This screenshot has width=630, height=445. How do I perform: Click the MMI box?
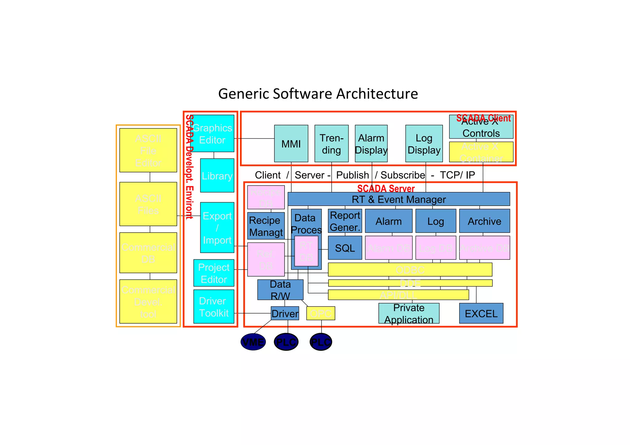pos(291,144)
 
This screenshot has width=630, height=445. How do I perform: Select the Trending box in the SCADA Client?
pos(331,144)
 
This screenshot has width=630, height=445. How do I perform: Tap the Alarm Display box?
pos(371,144)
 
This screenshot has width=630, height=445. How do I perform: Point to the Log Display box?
pos(424,144)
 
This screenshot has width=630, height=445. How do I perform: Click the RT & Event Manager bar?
pos(399,199)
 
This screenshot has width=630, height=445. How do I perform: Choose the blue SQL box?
pos(345,248)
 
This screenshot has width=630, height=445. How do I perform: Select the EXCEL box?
pos(481,313)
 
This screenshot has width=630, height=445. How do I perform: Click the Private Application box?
pos(409,313)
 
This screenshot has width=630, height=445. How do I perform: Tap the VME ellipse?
pos(253,342)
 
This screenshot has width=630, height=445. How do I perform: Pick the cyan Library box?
pos(217,175)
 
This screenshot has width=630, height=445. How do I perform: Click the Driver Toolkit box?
pos(214,307)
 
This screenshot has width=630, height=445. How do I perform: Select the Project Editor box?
pos(214,273)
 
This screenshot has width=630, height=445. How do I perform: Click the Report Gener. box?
pos(345,221)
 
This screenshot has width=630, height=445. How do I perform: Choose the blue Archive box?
pos(484,221)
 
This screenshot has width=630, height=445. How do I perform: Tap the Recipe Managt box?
pos(266,226)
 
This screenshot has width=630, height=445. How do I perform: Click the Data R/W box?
pos(280,289)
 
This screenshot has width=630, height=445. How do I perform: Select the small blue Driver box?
pos(285,313)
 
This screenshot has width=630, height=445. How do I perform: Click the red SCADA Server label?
pos(386,188)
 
